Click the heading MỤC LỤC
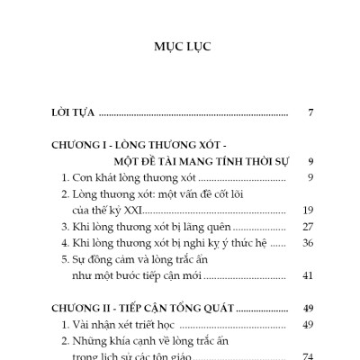pyautogui.click(x=180, y=44)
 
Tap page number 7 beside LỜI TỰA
pyautogui.click(x=309, y=114)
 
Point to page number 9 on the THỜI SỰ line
pyautogui.click(x=309, y=161)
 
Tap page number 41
pyautogui.click(x=307, y=275)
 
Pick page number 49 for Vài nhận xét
pyautogui.click(x=307, y=324)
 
